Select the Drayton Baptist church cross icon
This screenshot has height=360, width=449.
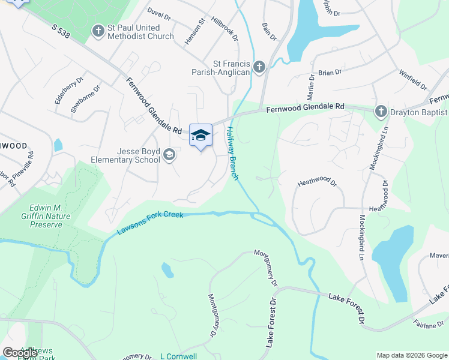(x=381, y=111)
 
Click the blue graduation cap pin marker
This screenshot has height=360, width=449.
(x=200, y=136)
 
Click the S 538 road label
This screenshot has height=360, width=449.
(x=61, y=32)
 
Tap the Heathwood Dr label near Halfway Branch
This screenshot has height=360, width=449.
(x=318, y=182)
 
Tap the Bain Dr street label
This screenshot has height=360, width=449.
(x=269, y=32)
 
